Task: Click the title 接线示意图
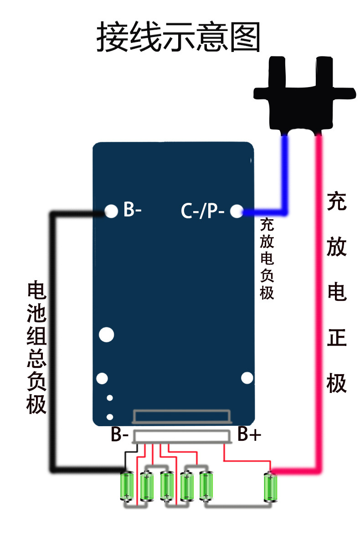(x=178, y=37)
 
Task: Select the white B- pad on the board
(x=111, y=211)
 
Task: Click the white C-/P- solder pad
(x=237, y=211)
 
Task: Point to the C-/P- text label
(x=203, y=211)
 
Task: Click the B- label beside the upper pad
(x=133, y=211)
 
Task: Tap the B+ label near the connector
(x=249, y=435)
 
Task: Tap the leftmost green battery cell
(x=126, y=486)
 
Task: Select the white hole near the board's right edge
(x=247, y=377)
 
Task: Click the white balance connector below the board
(x=182, y=436)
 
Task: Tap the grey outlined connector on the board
(x=181, y=416)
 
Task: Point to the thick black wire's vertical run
(x=52, y=342)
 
